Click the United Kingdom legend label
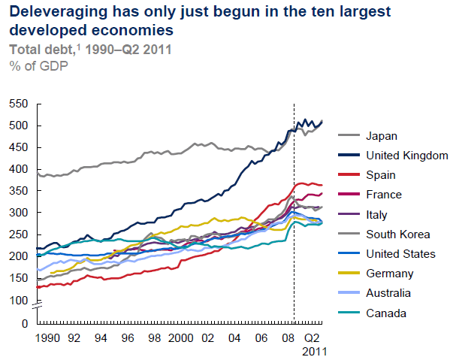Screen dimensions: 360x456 coord(406,156)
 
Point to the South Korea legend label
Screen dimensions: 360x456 coord(398,234)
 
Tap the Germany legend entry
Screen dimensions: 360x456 coord(388,274)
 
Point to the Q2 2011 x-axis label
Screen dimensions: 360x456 coord(316,345)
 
